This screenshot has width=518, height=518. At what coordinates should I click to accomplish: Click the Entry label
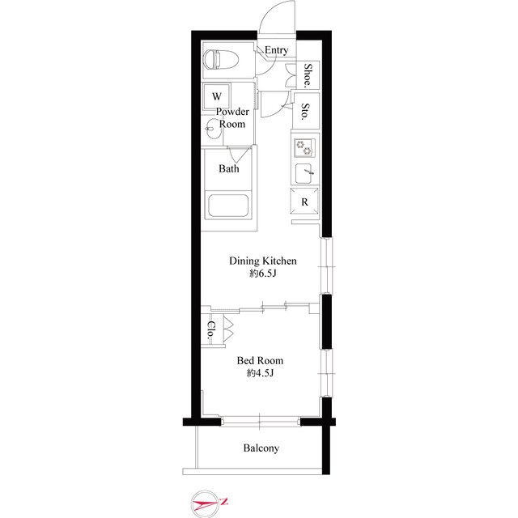[x=276, y=50]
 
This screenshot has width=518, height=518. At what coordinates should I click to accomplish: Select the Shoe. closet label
[x=308, y=76]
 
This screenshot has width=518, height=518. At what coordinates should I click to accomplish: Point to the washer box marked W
[x=217, y=96]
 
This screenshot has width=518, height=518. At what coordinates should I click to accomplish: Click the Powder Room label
[x=232, y=118]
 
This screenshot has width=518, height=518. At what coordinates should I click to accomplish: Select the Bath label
[x=229, y=169]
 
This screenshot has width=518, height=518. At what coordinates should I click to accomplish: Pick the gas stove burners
[x=305, y=146]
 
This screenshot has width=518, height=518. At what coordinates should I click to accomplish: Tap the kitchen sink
[x=306, y=172]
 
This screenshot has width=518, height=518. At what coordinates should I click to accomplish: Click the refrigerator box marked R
[x=305, y=202]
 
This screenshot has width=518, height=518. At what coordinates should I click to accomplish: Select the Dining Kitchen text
[x=263, y=261]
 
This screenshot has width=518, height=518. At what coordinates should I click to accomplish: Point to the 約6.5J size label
[x=263, y=274]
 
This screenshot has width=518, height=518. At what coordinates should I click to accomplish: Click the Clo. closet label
[x=210, y=329]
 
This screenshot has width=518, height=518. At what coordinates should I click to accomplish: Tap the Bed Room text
[x=260, y=360]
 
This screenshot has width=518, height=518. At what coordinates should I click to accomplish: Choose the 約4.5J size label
[x=260, y=374]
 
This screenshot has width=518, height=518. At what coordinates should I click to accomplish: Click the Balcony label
[x=261, y=448]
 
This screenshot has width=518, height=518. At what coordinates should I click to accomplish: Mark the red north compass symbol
[x=208, y=504]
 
